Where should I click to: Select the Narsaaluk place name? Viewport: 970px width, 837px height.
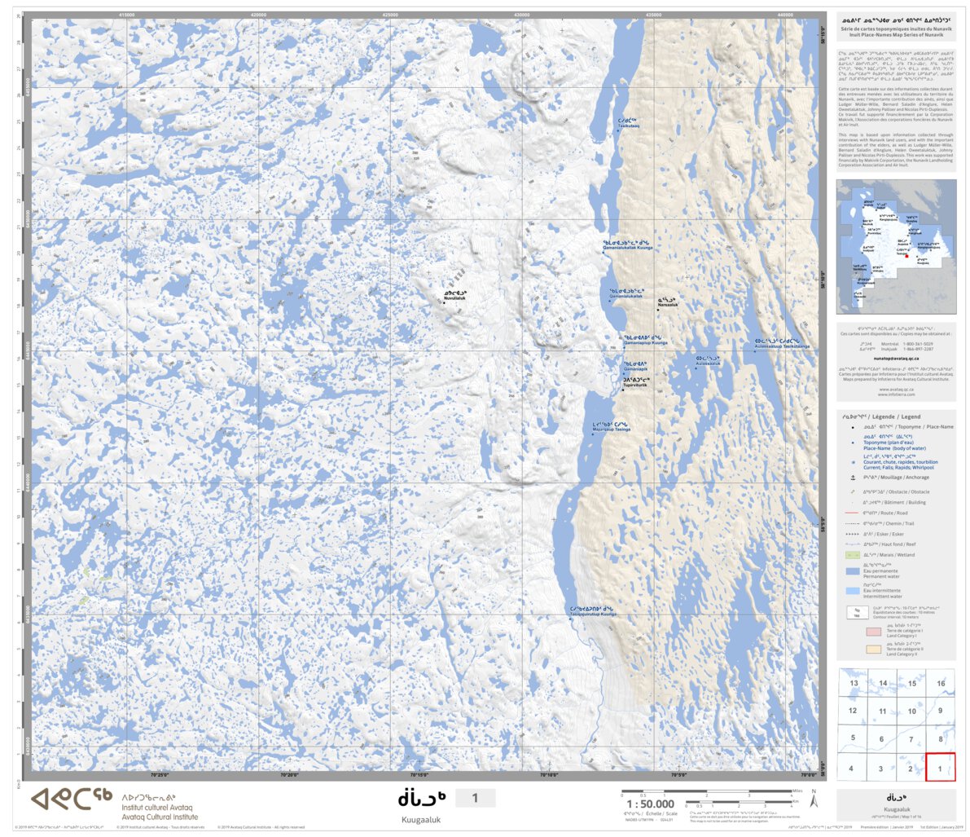click(667, 302)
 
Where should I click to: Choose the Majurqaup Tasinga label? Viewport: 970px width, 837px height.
click(611, 427)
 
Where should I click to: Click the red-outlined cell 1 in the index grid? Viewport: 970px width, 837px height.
click(940, 767)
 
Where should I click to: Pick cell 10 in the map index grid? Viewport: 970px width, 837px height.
click(911, 711)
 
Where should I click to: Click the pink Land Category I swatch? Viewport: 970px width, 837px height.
click(873, 632)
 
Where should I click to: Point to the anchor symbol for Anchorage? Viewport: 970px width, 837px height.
click(853, 478)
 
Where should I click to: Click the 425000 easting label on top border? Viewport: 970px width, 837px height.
click(390, 14)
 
